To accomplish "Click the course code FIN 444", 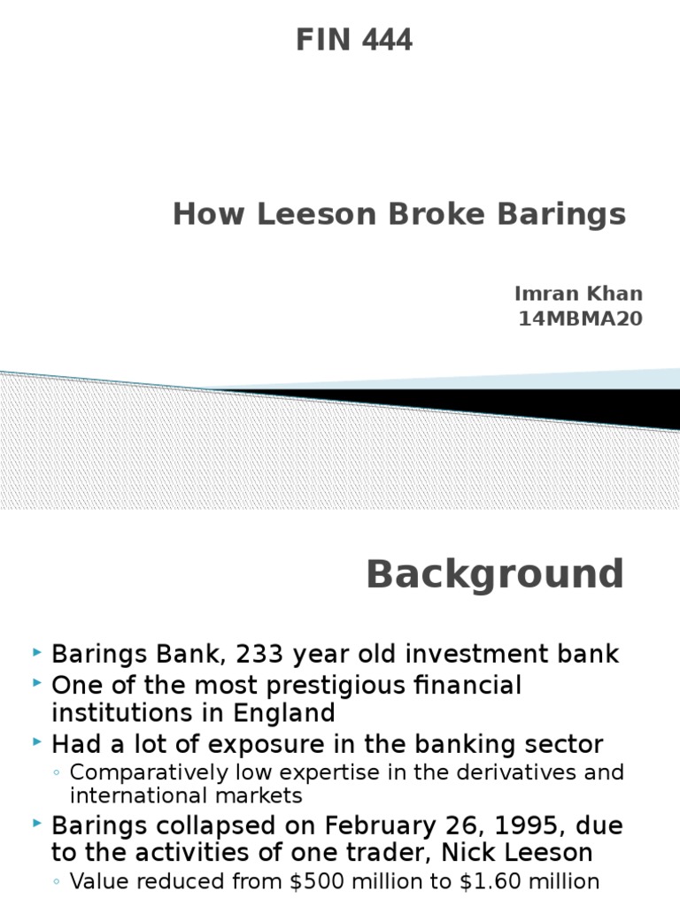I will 353,40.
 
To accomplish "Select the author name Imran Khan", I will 578,294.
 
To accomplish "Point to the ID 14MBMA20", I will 580,319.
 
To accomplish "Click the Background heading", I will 495,574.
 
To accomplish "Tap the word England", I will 282,713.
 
